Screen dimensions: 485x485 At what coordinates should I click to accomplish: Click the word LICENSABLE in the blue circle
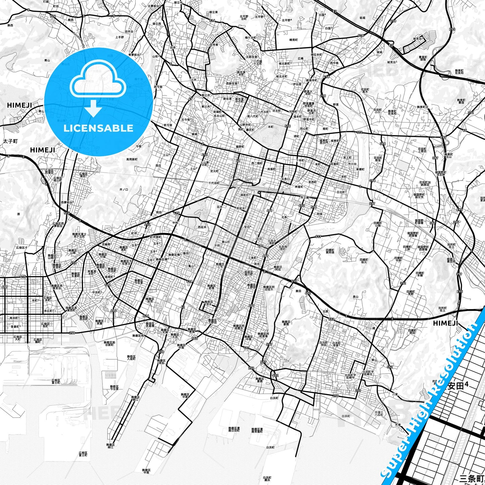pyautogui.click(x=98, y=128)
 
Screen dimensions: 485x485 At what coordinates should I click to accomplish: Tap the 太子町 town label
pyautogui.click(x=10, y=141)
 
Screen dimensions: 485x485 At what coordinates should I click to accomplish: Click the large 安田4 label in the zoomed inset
pyautogui.click(x=458, y=386)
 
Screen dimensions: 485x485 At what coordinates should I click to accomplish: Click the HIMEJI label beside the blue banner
pyautogui.click(x=445, y=323)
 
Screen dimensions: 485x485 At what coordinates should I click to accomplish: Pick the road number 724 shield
pyautogui.click(x=52, y=16)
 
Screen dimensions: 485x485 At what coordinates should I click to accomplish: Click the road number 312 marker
pyautogui.click(x=403, y=283)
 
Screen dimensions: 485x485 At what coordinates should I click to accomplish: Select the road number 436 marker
pyautogui.click(x=161, y=351)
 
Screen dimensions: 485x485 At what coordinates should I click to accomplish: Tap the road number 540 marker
pyautogui.click(x=195, y=339)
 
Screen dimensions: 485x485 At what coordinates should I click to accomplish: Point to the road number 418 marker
pyautogui.click(x=190, y=281)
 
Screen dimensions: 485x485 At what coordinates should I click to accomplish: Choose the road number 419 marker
pyautogui.click(x=5, y=287)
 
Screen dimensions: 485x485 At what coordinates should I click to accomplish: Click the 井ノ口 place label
pyautogui.click(x=124, y=190)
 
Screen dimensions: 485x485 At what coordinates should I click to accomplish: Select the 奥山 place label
pyautogui.click(x=355, y=297)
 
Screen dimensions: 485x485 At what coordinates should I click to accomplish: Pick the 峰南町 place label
pyautogui.click(x=294, y=40)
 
